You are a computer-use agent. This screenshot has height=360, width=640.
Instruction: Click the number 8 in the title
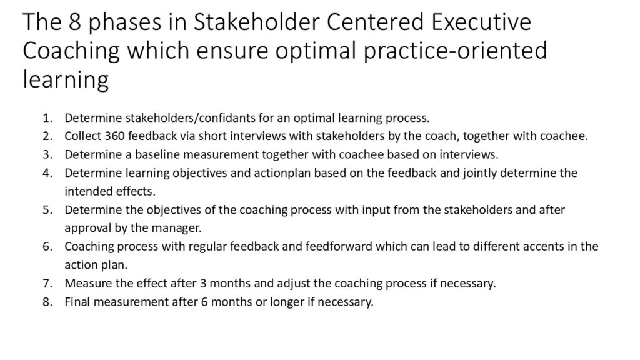74,22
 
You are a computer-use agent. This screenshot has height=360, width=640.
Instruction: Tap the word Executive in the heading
481,22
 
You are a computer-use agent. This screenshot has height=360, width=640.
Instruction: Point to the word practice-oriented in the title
455,51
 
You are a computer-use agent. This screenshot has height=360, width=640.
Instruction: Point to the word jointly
479,173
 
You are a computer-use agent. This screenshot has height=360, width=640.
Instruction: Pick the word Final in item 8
77,302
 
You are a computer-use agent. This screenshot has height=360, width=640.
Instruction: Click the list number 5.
47,210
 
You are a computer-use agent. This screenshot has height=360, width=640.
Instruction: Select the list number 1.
47,118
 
